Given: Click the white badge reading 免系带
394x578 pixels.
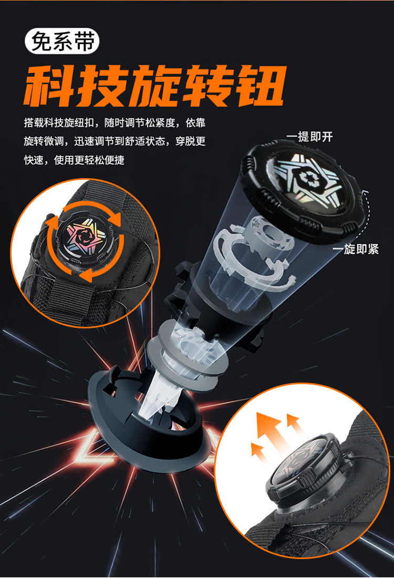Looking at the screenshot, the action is tap(62, 41).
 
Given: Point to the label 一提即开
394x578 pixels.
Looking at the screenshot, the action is tap(309, 137).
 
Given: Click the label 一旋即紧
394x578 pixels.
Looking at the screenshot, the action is tap(356, 249).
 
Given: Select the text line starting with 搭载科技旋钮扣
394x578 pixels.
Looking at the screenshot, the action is tap(115, 122).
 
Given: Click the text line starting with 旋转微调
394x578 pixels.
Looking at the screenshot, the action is tap(115, 141).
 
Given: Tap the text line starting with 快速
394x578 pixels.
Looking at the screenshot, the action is tap(74, 160).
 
